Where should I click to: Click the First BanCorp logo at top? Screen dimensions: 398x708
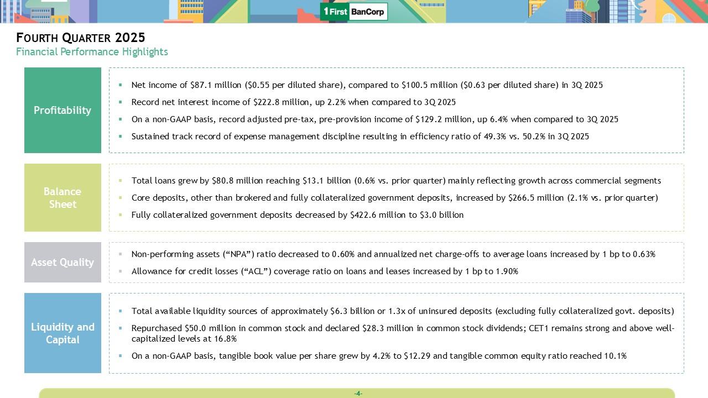(354, 12)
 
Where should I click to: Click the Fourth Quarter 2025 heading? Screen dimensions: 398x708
(81, 38)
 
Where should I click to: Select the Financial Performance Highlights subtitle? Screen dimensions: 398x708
(92, 52)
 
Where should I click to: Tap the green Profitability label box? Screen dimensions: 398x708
(63, 110)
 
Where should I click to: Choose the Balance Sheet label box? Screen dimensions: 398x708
(63, 197)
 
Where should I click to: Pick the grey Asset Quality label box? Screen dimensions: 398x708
(63, 262)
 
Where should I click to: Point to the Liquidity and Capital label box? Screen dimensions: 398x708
(63, 333)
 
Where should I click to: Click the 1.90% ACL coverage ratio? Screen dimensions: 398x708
(507, 271)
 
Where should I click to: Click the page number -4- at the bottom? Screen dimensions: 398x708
(358, 394)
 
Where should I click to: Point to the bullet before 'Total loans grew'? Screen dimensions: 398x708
(121, 181)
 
